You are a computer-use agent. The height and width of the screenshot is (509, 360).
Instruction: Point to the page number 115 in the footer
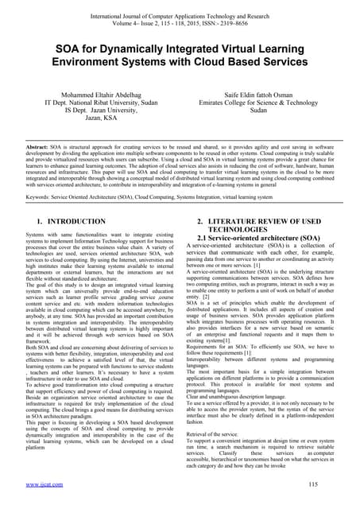click(323, 483)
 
